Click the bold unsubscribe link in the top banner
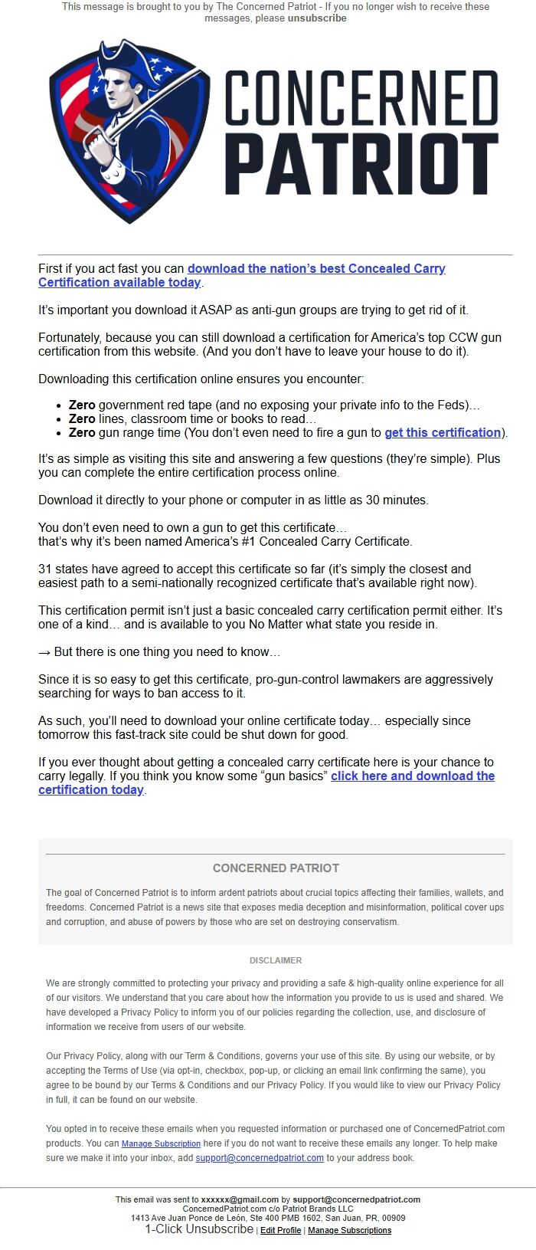point(316,18)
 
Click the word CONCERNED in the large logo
point(361,98)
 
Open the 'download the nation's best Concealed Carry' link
point(316,268)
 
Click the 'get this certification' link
point(443,432)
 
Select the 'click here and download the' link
point(413,776)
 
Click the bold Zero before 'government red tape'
point(82,405)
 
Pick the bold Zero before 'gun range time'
point(82,432)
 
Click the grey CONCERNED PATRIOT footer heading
point(276,868)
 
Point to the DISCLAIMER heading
point(276,960)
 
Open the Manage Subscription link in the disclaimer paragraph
point(161,1143)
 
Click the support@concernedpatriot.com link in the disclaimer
point(260,1158)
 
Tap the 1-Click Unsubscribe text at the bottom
point(199,1229)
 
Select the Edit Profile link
point(280,1230)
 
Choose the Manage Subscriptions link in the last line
point(349,1230)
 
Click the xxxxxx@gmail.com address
point(240,1199)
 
